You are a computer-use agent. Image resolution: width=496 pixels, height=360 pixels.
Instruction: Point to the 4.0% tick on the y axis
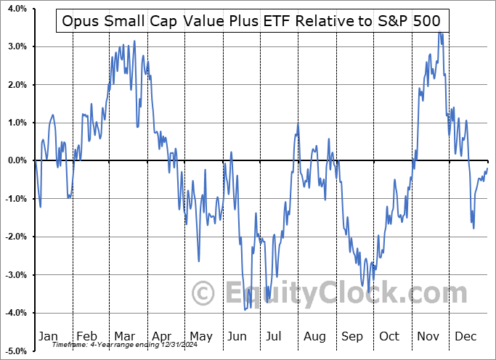[15, 9]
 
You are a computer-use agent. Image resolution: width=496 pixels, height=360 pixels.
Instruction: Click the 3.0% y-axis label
[15, 46]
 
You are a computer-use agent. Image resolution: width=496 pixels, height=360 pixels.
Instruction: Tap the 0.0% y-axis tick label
[15, 160]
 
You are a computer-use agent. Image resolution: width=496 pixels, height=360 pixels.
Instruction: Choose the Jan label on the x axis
[47, 336]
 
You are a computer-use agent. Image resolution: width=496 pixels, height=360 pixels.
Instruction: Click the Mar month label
[124, 336]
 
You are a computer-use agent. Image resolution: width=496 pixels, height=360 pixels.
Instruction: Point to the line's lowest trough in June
[245, 309]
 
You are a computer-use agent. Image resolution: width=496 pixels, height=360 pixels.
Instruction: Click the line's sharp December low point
[474, 229]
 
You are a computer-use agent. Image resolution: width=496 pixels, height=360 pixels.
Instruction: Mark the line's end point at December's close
[487, 168]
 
